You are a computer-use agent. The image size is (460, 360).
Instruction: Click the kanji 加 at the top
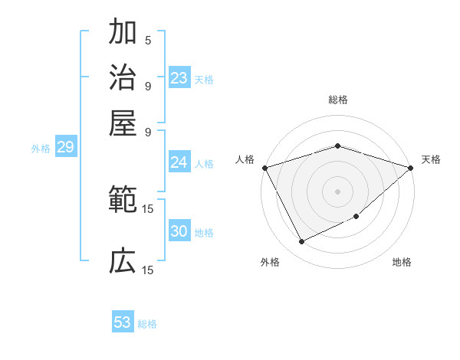123,33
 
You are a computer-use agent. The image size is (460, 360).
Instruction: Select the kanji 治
123,77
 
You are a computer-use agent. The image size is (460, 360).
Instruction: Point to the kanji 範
123,201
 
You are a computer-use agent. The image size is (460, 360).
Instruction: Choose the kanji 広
123,261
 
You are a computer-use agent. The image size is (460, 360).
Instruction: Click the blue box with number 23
179,78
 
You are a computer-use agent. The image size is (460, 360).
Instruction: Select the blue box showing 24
179,162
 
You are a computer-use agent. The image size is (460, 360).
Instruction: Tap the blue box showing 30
179,231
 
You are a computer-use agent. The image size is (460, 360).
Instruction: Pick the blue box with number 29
65,147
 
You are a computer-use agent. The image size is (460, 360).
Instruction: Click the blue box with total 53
123,322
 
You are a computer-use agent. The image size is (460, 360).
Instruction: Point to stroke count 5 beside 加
148,40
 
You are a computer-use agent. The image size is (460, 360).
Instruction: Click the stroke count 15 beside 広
148,270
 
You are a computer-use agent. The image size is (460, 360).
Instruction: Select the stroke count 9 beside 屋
148,131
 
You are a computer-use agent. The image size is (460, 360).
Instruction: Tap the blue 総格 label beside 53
147,324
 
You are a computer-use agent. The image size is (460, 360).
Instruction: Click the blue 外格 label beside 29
40,149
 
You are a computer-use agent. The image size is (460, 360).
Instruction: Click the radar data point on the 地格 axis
357,218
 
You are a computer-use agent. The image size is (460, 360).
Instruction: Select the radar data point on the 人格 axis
264,168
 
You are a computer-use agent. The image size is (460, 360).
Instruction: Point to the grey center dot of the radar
337,191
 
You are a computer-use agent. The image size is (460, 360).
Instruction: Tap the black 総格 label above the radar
337,100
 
